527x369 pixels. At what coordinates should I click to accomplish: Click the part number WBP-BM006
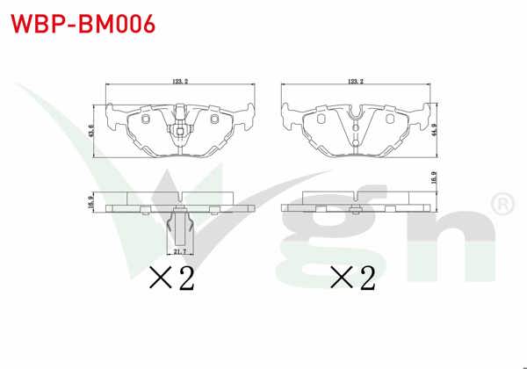[x=83, y=24]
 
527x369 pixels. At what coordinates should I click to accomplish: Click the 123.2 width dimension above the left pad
[x=180, y=81]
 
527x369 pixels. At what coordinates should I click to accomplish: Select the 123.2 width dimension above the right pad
[x=356, y=81]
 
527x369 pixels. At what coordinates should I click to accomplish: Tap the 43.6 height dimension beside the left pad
[x=90, y=131]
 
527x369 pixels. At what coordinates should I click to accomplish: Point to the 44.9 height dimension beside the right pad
[x=434, y=129]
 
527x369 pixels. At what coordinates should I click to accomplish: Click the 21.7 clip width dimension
[x=180, y=251]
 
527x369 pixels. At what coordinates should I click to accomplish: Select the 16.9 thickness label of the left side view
[x=90, y=203]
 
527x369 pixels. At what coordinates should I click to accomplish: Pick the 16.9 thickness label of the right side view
[x=434, y=177]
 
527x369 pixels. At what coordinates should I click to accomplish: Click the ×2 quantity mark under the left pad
[x=172, y=278]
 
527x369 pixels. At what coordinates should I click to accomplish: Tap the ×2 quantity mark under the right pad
[x=352, y=278]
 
